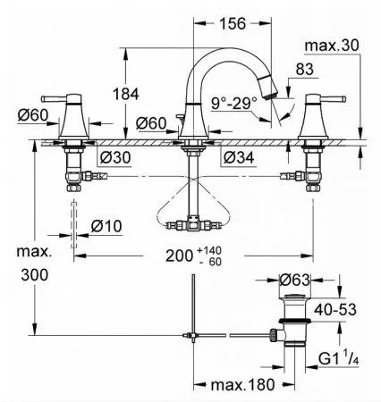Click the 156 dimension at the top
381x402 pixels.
tap(233, 23)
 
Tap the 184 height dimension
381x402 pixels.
tap(126, 94)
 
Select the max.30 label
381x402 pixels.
tap(332, 46)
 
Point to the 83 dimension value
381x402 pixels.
tap(305, 70)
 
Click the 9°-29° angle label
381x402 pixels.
tap(234, 103)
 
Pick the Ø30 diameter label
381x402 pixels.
tap(115, 157)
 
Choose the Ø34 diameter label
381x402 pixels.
tap(239, 157)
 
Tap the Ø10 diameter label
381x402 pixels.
tap(106, 226)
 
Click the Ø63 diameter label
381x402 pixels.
tap(295, 280)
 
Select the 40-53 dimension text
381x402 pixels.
tap(335, 310)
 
